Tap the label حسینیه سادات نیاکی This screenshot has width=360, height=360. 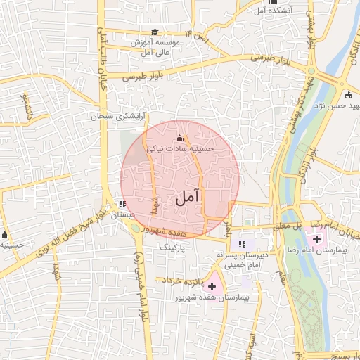[179, 149]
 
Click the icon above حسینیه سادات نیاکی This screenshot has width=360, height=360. [179, 138]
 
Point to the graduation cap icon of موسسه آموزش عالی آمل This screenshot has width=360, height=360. [155, 32]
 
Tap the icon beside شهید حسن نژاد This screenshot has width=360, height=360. [347, 95]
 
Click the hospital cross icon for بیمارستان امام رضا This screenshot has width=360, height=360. [316, 240]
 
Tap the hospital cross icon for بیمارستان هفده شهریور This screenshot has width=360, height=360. [212, 286]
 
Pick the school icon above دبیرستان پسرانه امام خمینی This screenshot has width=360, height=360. [243, 243]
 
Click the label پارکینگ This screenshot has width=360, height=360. [174, 247]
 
